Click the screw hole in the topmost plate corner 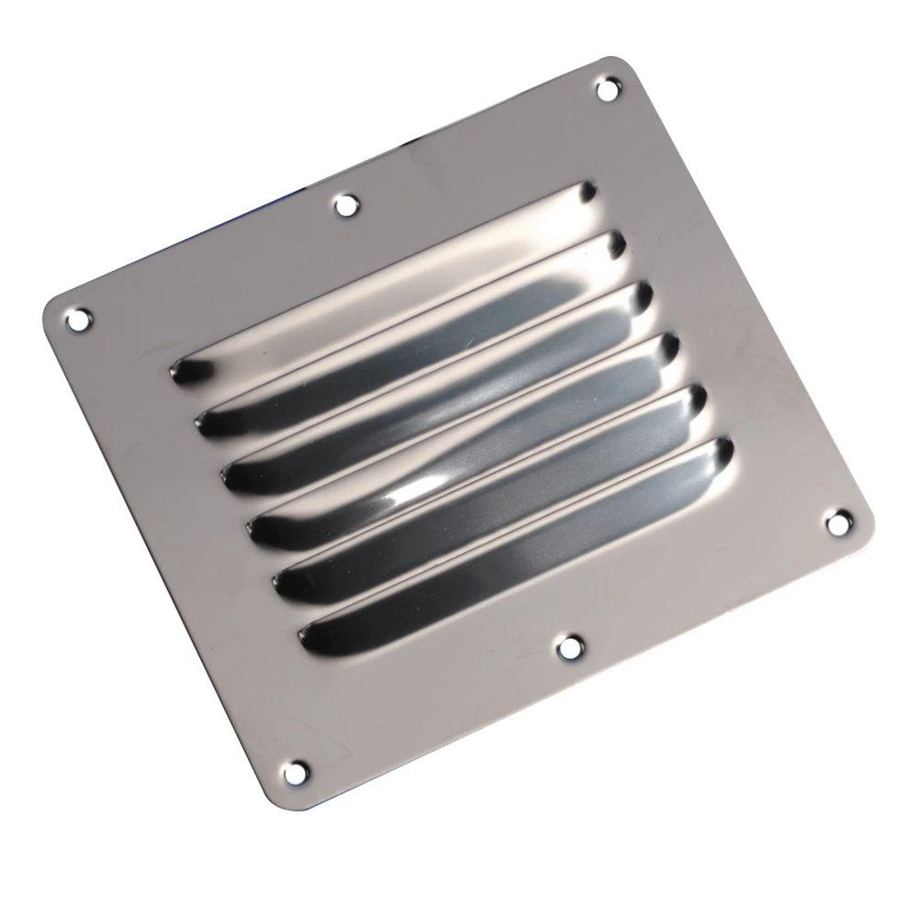[606, 89]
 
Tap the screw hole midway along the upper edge [345, 205]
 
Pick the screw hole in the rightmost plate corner [837, 522]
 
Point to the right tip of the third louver [643, 295]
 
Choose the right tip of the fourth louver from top [669, 347]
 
